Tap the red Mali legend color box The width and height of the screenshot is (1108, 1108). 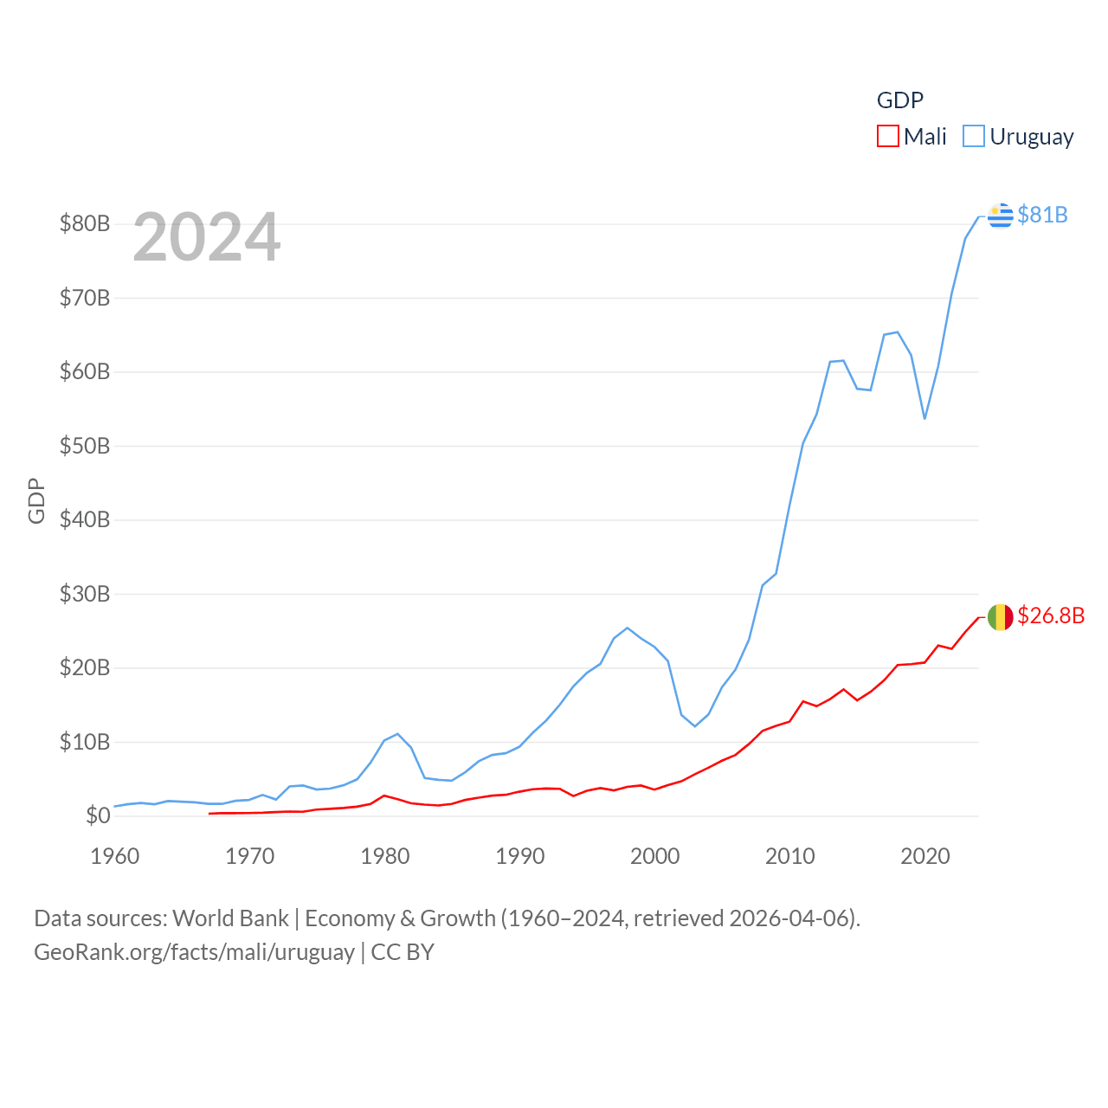point(888,137)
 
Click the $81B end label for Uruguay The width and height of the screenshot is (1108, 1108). point(1042,215)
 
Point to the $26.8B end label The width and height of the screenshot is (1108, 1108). point(1051,615)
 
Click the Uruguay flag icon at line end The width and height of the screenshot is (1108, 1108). point(1001,215)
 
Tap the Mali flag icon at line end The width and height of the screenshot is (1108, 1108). point(1001,617)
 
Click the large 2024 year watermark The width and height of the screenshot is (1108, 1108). point(207,237)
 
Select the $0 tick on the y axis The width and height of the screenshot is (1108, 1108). point(98,815)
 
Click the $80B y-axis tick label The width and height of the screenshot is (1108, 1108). point(85,224)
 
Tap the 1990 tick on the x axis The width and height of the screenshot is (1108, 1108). point(520,856)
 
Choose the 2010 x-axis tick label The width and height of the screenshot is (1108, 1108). point(790,856)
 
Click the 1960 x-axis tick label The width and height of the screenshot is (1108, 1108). point(115,856)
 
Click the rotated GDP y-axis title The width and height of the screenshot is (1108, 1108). point(36,500)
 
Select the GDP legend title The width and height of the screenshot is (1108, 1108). point(900,100)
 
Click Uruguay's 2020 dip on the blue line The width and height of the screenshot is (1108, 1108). point(924,419)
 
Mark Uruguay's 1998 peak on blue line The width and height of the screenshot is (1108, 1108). point(628,628)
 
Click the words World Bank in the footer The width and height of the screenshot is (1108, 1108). point(230,918)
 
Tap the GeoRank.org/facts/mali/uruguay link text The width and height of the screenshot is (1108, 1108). point(194,952)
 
